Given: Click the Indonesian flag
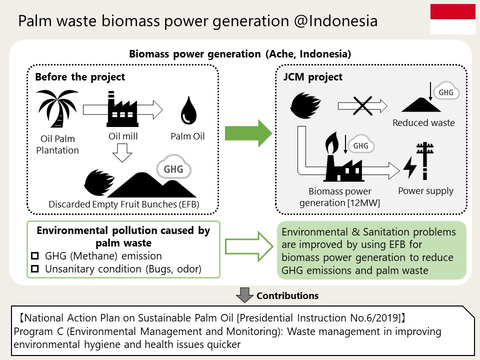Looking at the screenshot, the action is [453, 19].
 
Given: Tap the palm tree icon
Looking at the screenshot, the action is [57, 108].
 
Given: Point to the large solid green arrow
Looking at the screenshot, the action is [248, 133].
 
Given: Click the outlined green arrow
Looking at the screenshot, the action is [249, 246].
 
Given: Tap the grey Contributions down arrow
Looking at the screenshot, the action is [244, 295].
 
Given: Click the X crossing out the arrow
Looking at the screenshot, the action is [362, 106].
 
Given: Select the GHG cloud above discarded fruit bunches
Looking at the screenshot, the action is [174, 167].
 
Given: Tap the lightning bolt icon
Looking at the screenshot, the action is [410, 167].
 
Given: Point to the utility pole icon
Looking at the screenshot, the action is [425, 160].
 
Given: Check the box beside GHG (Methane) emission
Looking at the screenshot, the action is [35, 255].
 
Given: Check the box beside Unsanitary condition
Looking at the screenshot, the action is [35, 269].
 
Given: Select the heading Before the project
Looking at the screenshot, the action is [80, 77].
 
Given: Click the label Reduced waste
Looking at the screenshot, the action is [423, 123].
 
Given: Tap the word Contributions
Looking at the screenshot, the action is [287, 295].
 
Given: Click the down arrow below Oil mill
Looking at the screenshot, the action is [122, 152].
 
